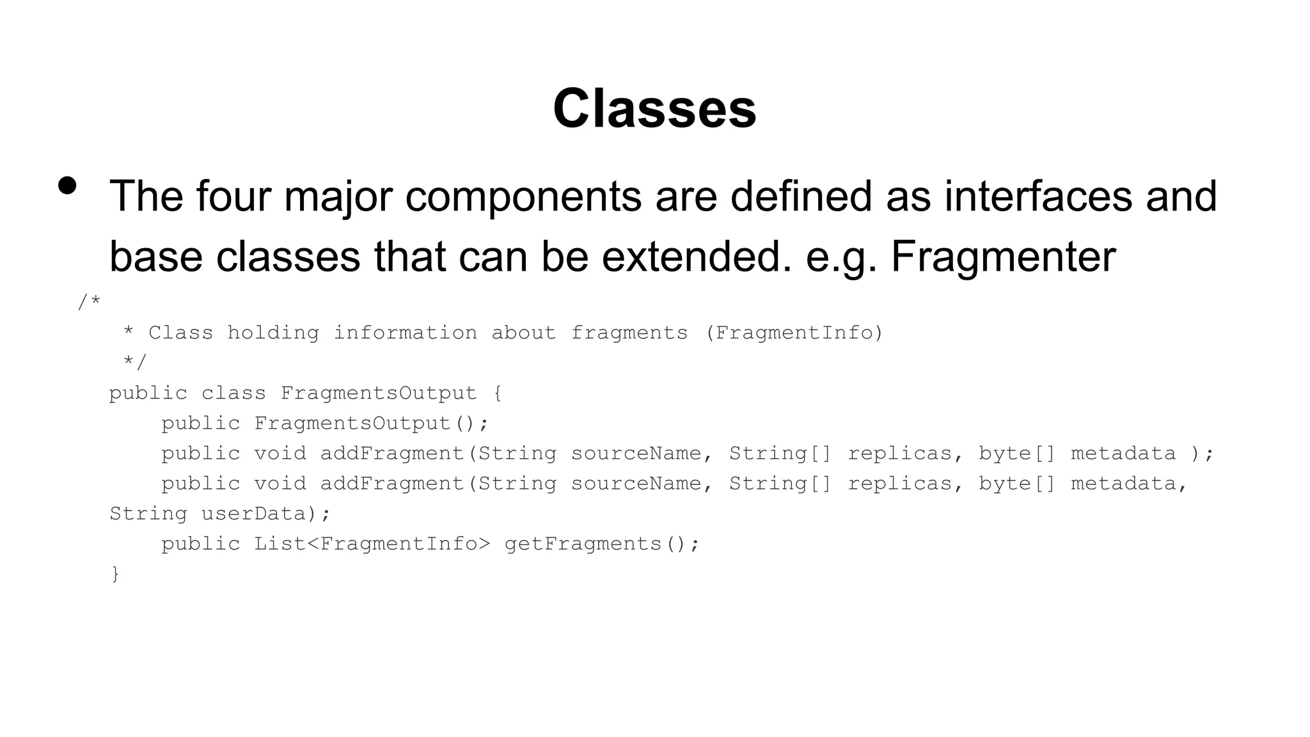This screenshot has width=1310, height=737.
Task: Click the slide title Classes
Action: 654,109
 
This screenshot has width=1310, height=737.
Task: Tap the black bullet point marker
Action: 67,186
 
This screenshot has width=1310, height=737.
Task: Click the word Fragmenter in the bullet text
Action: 1003,257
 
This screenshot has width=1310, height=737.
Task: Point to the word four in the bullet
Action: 232,196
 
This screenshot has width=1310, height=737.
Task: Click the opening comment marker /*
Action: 89,302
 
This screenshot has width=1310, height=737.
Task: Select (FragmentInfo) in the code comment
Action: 794,333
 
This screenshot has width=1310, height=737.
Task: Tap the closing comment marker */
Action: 135,363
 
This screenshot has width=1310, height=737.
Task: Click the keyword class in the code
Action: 233,393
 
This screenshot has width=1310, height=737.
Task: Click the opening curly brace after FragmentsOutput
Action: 498,393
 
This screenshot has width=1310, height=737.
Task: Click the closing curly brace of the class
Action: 115,574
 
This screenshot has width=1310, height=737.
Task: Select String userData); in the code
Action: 220,514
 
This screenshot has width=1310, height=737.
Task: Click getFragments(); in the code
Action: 602,544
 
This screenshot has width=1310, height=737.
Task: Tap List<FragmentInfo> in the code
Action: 372,544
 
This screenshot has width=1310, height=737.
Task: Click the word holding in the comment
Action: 273,333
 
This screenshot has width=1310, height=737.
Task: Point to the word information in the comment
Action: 405,333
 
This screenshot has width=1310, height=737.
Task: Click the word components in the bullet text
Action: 523,196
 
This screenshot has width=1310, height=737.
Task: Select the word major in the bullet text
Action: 338,196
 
